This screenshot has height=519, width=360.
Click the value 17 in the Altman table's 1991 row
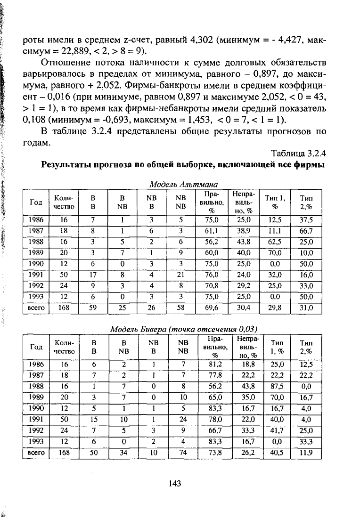[x=93, y=274]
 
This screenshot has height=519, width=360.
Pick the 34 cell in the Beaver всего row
[x=123, y=454]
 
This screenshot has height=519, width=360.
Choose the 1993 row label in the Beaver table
[x=36, y=442]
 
